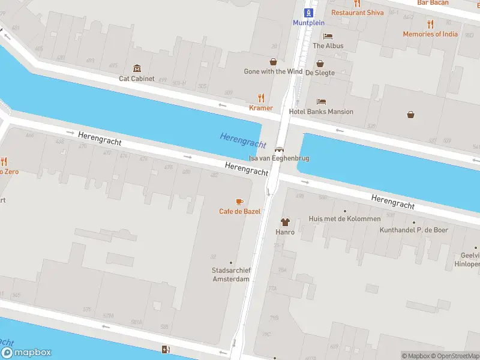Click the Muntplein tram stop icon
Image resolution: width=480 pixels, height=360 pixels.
pos(308,12)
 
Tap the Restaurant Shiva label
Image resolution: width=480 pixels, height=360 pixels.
pos(358,12)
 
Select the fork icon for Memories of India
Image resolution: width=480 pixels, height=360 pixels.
pos(430,24)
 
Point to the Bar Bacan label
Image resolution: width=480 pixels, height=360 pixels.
pos(433,3)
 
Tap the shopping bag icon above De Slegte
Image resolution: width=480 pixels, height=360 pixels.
pos(320,62)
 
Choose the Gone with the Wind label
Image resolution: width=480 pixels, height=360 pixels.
pos(273,71)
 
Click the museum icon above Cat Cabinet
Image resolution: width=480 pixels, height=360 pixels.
pos(137,68)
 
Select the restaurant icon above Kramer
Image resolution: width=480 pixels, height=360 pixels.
pos(261,98)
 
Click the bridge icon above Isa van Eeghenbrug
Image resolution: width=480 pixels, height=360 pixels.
pos(279,149)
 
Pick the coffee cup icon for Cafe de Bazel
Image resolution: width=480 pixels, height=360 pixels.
pos(239,202)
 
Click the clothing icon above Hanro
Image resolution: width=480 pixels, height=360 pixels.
pos(285,222)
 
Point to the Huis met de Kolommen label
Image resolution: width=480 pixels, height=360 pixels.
pos(344,219)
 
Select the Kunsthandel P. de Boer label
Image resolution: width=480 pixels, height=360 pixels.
pos(414,230)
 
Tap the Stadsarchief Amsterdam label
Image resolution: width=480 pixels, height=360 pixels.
pos(231,275)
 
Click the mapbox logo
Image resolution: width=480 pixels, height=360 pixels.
pos(26,353)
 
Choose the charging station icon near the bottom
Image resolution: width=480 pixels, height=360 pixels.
pos(166,350)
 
